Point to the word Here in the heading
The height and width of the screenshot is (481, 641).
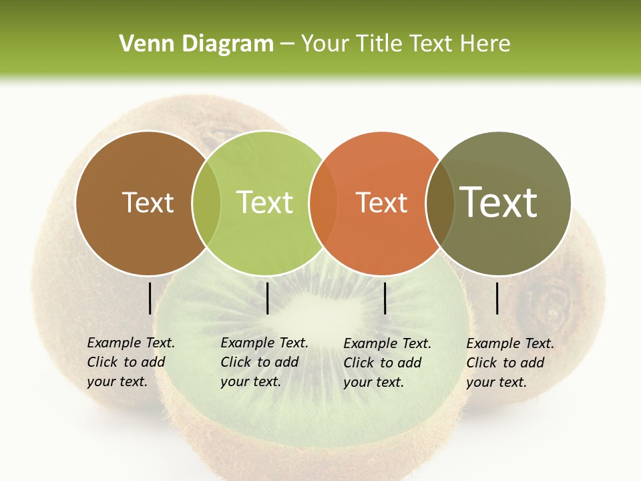tap(486, 44)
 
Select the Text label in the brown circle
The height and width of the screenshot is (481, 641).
tap(148, 202)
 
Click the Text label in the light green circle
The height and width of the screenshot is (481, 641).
tap(264, 202)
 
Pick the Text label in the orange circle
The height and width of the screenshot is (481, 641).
tap(381, 202)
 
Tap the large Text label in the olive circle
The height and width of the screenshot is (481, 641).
tap(498, 202)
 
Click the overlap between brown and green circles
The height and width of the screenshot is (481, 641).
tap(206, 202)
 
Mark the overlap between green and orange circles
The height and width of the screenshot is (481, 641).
tap(323, 202)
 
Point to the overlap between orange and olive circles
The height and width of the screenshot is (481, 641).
tap(440, 202)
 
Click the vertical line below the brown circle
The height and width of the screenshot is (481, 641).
tap(150, 298)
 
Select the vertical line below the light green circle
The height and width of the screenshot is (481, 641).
tap(267, 298)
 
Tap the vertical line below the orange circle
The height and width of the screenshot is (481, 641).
tap(385, 298)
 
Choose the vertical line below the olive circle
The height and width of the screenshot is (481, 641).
tap(497, 298)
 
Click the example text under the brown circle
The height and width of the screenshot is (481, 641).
tap(130, 362)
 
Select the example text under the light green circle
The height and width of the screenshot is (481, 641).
tap(264, 362)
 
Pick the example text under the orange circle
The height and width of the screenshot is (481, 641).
tap(387, 363)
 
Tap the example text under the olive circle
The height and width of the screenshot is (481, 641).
tap(509, 363)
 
